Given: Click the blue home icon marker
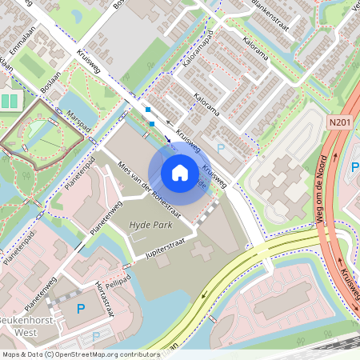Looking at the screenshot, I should [180, 172].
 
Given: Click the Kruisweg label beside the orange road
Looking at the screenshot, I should [348, 280].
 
